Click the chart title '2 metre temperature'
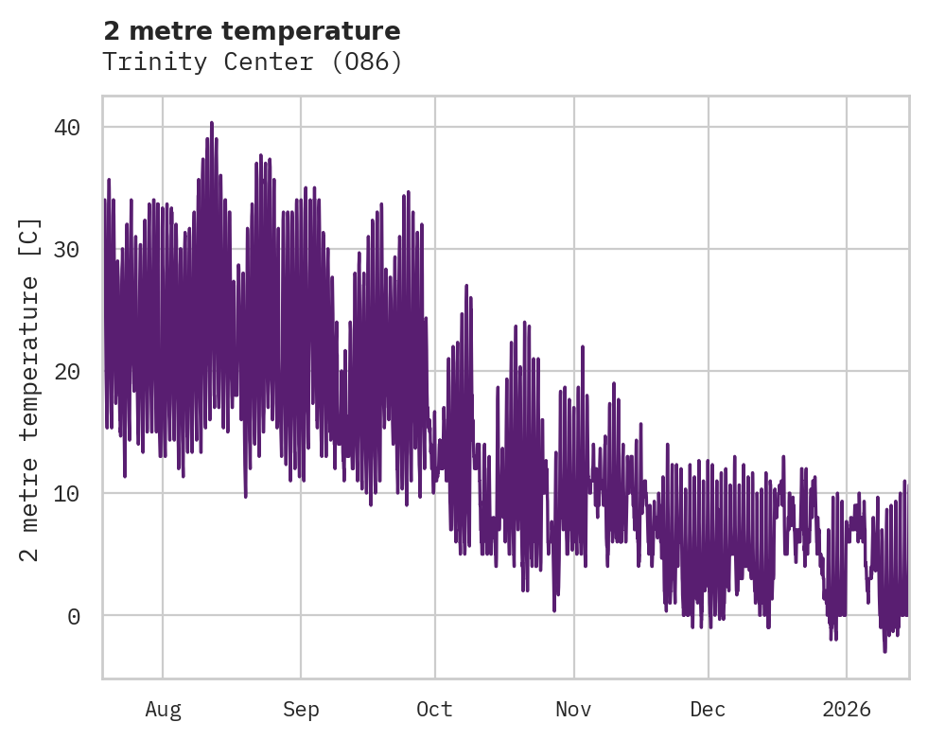252,31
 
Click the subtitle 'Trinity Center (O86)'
252,62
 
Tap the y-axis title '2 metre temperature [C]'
30,388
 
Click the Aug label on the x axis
163,710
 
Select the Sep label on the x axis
301,710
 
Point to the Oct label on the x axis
435,710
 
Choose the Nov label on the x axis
573,710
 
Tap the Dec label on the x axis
708,710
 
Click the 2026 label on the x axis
847,710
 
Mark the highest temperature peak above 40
212,123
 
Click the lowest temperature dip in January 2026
884,651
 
